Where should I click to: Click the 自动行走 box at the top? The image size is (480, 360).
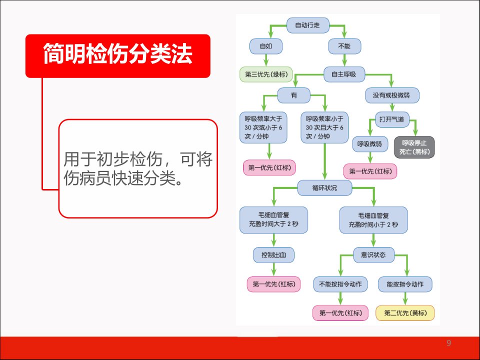pyautogui.click(x=307, y=25)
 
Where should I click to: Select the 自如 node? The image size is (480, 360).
pyautogui.click(x=265, y=46)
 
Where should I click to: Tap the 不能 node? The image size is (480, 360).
pyautogui.click(x=344, y=46)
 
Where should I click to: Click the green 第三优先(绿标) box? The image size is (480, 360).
pyautogui.click(x=266, y=74)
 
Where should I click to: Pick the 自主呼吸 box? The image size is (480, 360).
pyautogui.click(x=344, y=74)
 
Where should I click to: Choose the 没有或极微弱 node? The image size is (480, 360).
pyautogui.click(x=392, y=95)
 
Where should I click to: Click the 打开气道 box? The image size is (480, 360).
pyautogui.click(x=392, y=119)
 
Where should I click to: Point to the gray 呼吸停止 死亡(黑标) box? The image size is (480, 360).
pyautogui.click(x=414, y=147)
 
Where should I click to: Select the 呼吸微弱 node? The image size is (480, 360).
pyautogui.click(x=370, y=144)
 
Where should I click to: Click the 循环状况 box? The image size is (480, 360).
pyautogui.click(x=325, y=187)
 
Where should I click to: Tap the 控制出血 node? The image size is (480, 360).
pyautogui.click(x=273, y=254)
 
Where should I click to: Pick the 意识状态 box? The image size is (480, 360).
pyautogui.click(x=374, y=254)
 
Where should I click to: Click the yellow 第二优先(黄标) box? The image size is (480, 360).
pyautogui.click(x=405, y=313)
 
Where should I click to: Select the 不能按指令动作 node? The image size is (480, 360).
pyautogui.click(x=340, y=284)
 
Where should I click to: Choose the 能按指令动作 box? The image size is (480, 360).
pyautogui.click(x=405, y=284)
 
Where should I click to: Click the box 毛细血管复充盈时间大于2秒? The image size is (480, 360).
pyautogui.click(x=273, y=220)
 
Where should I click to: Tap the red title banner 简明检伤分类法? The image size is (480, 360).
pyautogui.click(x=118, y=55)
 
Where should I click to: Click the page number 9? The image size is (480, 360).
pyautogui.click(x=449, y=343)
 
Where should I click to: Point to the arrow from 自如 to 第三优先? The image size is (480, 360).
pyautogui.click(x=265, y=60)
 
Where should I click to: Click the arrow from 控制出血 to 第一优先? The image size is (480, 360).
pyautogui.click(x=273, y=269)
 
